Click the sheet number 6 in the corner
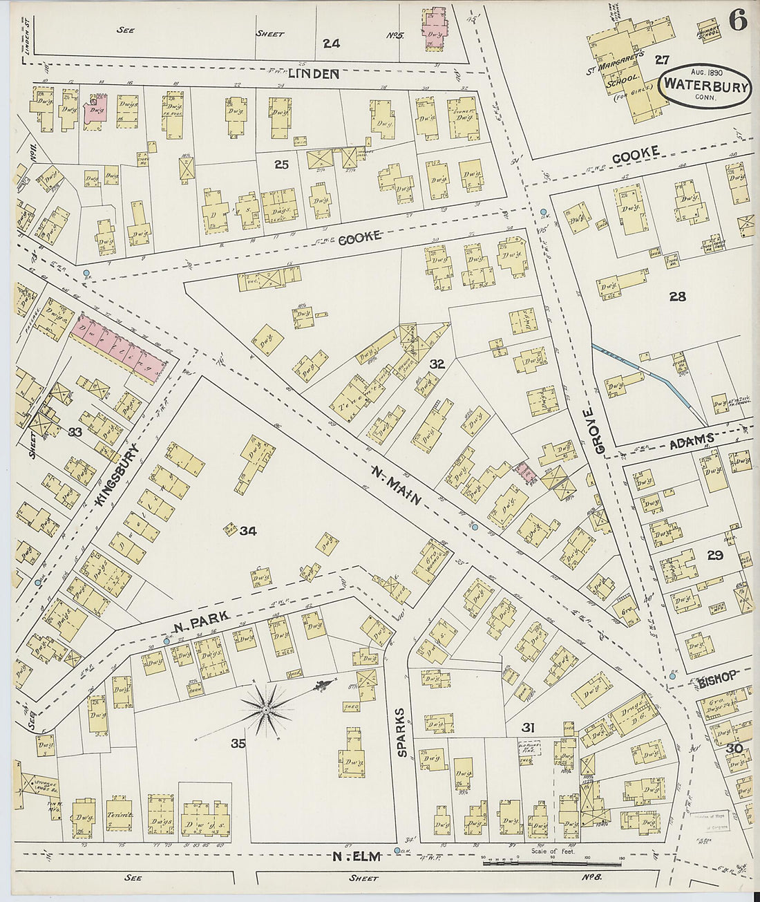click(737, 22)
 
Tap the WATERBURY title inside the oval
click(706, 86)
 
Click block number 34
click(248, 531)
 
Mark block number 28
click(677, 297)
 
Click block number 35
click(238, 744)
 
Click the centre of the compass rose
click(265, 709)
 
